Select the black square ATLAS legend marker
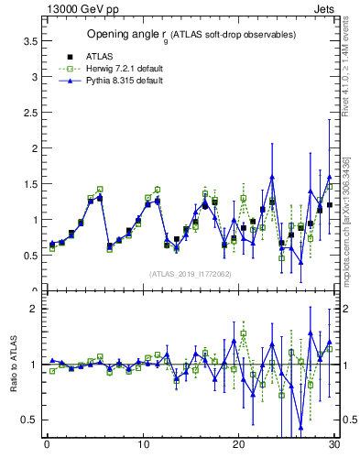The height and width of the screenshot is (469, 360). click(70, 57)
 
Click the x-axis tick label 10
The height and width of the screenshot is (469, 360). click(142, 446)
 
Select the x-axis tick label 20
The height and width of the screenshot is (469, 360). click(238, 446)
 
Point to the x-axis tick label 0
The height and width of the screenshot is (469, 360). click(47, 446)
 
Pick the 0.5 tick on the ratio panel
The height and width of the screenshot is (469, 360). click(30, 420)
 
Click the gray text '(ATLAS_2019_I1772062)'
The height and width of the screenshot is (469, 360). click(191, 274)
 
